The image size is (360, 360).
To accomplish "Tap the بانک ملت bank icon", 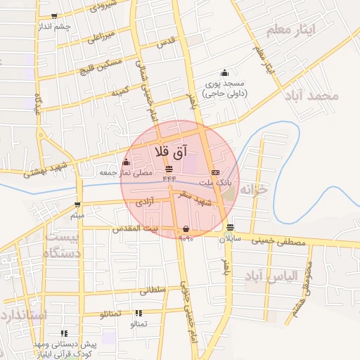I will tap(214, 172).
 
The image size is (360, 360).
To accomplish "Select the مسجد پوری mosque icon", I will tap(224, 72).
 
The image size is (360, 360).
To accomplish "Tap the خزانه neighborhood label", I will tap(255, 191).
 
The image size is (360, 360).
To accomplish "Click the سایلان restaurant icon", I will tap(231, 226).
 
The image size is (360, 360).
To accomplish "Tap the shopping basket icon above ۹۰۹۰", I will tap(185, 229).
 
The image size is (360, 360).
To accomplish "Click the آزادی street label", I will tap(145, 202).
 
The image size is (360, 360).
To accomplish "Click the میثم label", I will tap(77, 214).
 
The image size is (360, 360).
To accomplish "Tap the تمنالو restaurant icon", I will tap(138, 313).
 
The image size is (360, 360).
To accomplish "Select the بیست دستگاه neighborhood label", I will tap(63, 245).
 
